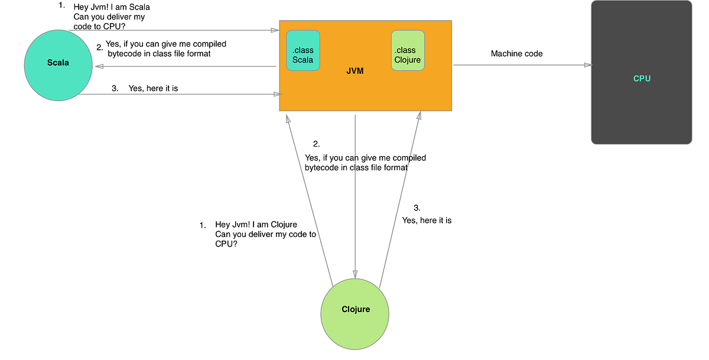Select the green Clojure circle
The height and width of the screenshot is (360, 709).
tap(354, 310)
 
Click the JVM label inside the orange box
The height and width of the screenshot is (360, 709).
tap(354, 72)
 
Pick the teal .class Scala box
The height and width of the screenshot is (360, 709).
tap(303, 51)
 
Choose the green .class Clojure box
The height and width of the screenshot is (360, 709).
tap(408, 51)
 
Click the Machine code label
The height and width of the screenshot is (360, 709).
tap(516, 54)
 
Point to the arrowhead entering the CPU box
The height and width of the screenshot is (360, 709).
tap(587, 65)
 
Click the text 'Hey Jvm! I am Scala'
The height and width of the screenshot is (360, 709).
tap(112, 8)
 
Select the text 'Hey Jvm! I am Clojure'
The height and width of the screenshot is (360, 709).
tap(256, 225)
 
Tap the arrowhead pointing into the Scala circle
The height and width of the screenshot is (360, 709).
tap(98, 67)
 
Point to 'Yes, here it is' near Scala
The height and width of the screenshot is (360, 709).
tap(153, 89)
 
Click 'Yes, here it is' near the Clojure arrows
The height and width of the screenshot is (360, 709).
tap(427, 220)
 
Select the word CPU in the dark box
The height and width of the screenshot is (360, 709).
tap(642, 78)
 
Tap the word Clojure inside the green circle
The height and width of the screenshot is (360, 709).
tap(356, 309)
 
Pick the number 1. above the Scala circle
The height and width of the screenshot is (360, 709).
tap(62, 5)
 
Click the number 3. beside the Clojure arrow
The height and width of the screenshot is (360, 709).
tap(417, 207)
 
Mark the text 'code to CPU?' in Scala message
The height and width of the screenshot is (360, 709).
tap(99, 26)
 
